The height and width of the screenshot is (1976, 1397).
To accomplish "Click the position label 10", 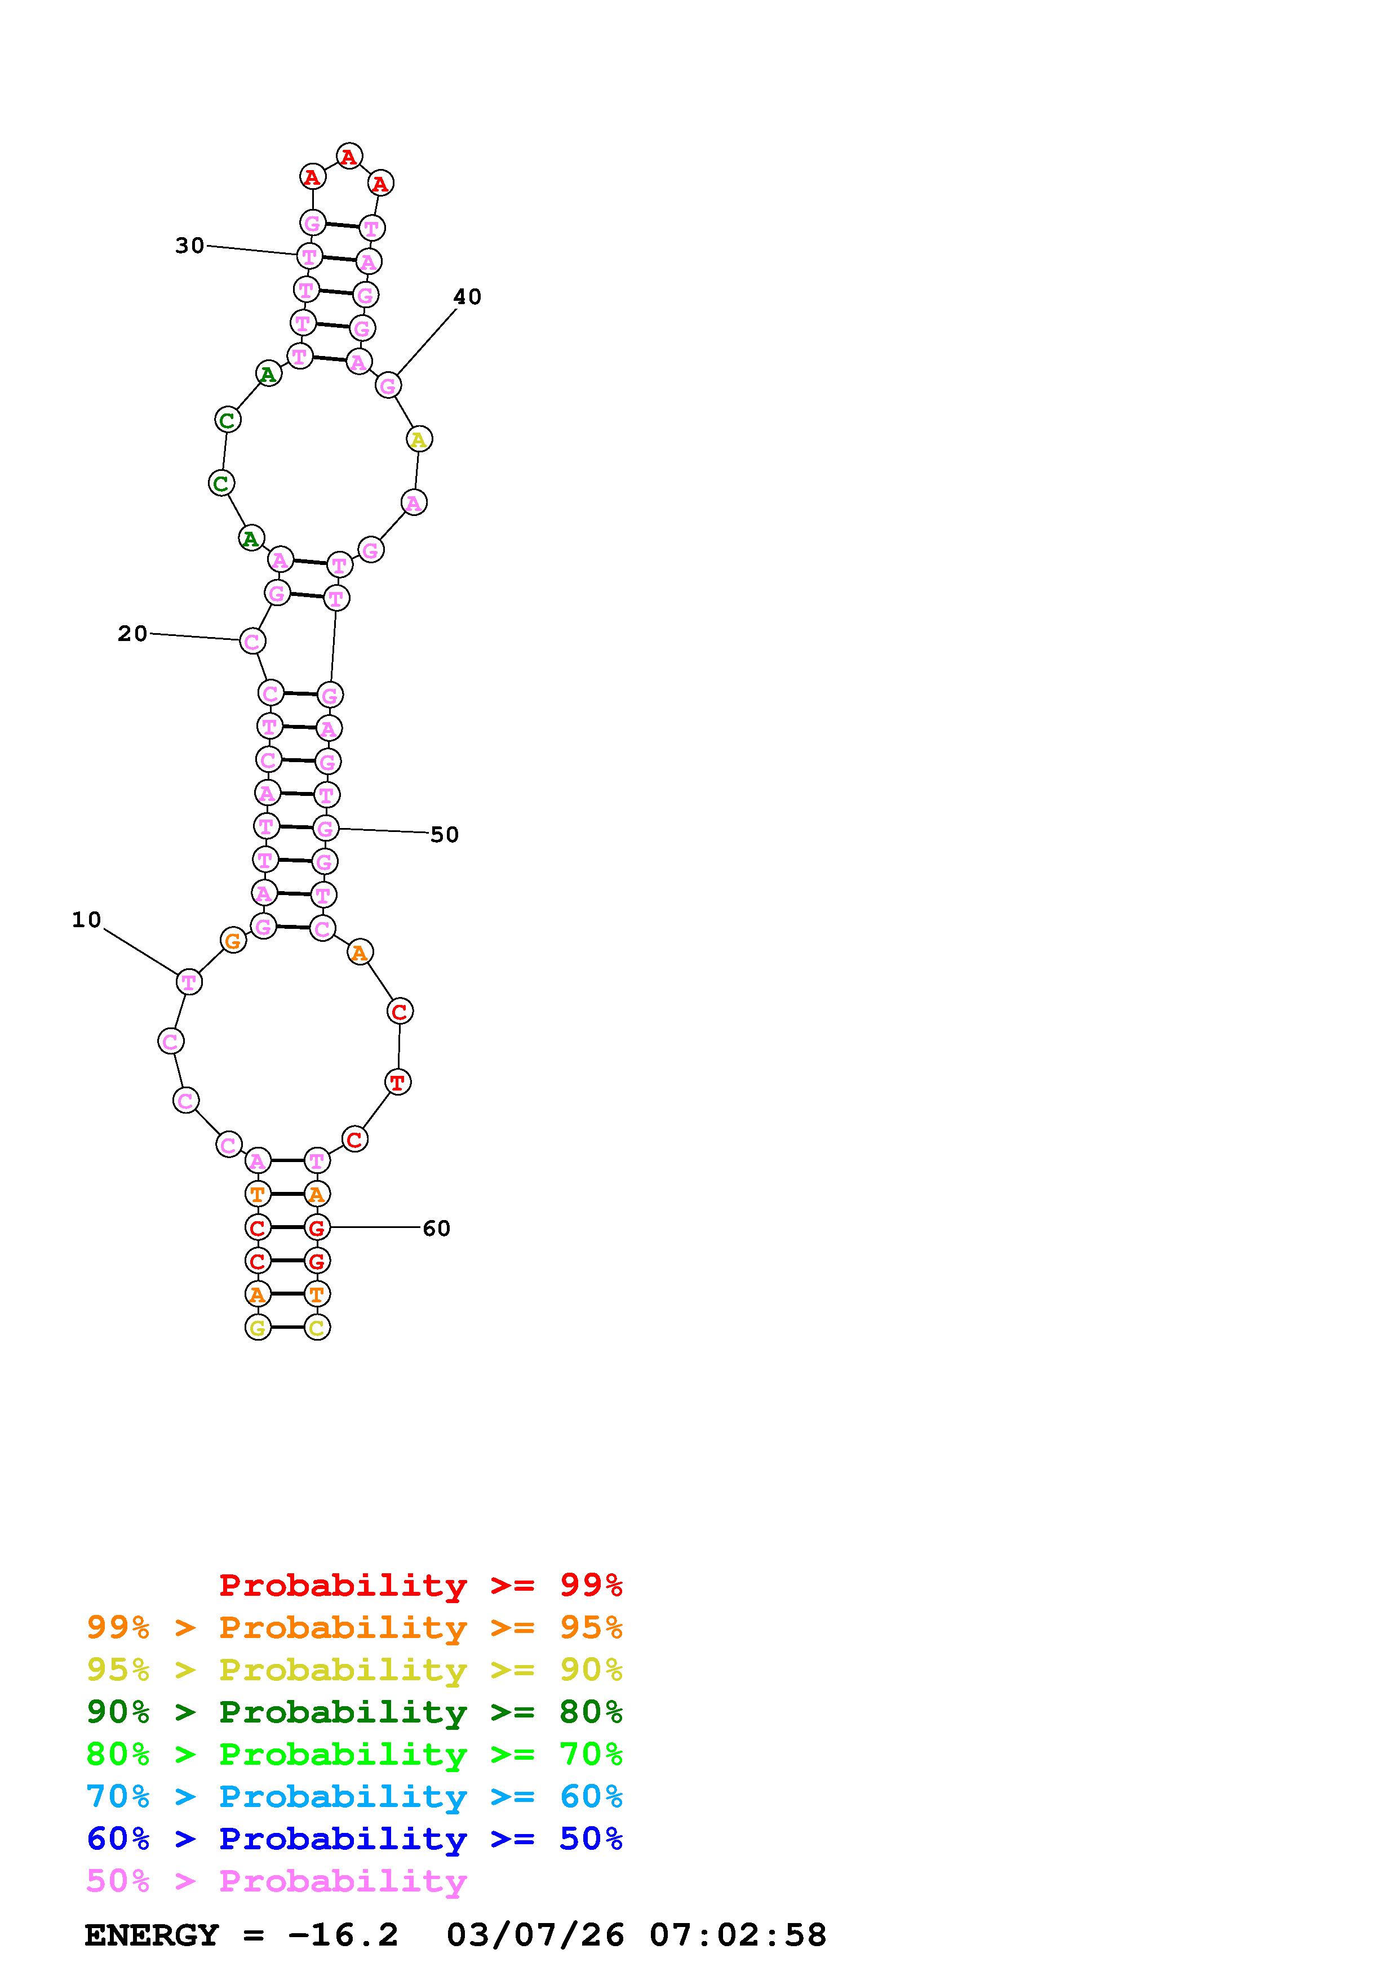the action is point(86,920).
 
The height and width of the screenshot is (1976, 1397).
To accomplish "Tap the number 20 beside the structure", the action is point(132,634).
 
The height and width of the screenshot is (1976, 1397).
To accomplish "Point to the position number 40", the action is point(467,297).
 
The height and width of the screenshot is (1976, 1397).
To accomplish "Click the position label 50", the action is point(444,835).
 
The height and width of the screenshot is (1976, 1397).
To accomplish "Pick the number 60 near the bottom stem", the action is point(436,1228).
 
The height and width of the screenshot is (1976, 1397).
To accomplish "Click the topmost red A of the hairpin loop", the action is point(349,157).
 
